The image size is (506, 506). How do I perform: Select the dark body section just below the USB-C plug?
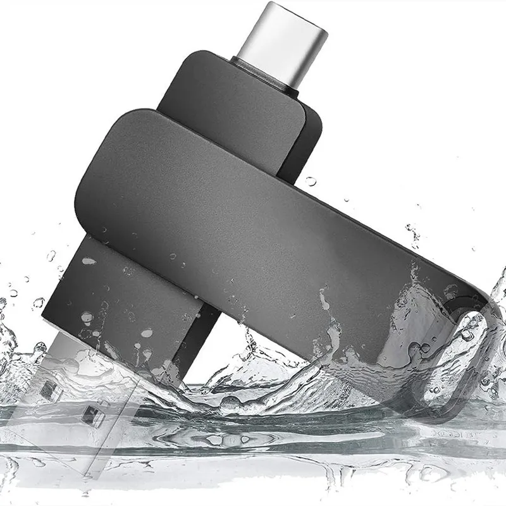click(x=228, y=108)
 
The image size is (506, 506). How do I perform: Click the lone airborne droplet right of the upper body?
click(x=311, y=182)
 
